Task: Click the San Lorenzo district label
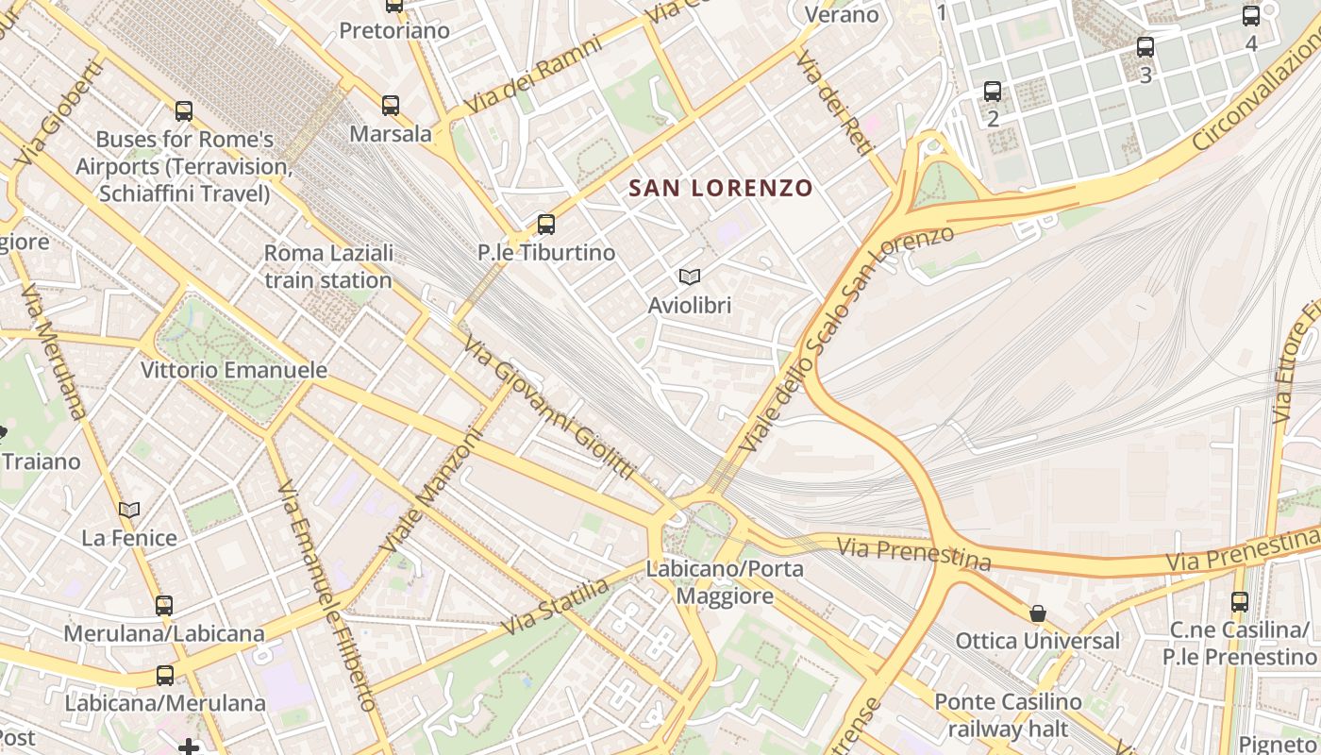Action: [x=720, y=188]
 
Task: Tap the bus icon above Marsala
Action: [x=391, y=105]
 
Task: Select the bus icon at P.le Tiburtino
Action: [x=545, y=225]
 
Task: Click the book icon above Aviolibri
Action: [x=690, y=277]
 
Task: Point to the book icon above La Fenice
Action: [x=129, y=510]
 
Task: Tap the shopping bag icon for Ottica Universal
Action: [x=1038, y=613]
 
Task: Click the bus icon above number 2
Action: [x=993, y=92]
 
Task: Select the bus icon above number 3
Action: [x=1145, y=46]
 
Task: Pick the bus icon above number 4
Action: [x=1251, y=16]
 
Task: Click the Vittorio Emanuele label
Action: [x=234, y=370]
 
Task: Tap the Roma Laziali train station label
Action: [x=328, y=267]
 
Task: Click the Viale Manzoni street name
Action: [x=431, y=491]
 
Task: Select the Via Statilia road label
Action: [x=555, y=607]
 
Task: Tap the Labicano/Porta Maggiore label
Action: [x=725, y=582]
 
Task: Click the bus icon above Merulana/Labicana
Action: [x=164, y=605]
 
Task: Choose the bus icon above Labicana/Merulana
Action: [x=165, y=675]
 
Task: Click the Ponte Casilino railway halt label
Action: [x=1008, y=715]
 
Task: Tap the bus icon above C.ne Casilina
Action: [x=1240, y=601]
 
